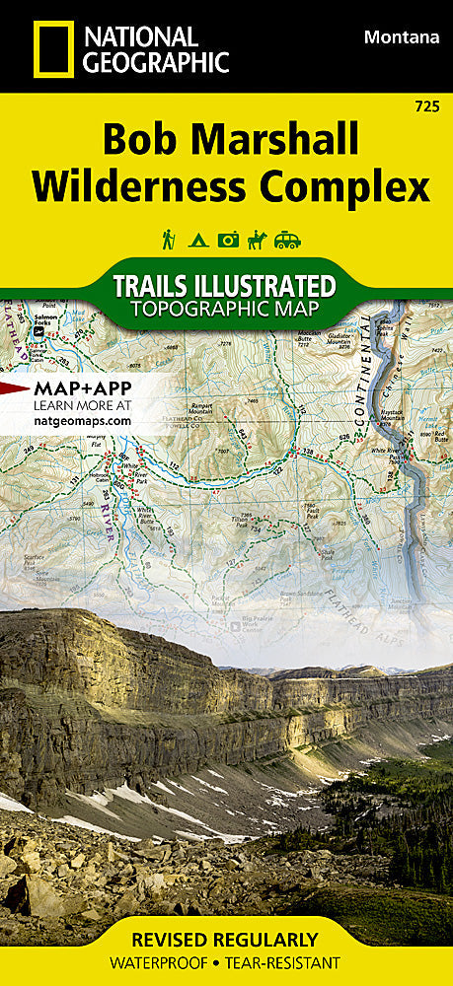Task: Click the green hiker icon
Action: click(169, 239)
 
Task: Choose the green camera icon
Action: click(228, 240)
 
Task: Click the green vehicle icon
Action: click(287, 240)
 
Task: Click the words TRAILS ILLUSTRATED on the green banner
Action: click(224, 286)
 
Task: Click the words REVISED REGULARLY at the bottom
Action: click(227, 939)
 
